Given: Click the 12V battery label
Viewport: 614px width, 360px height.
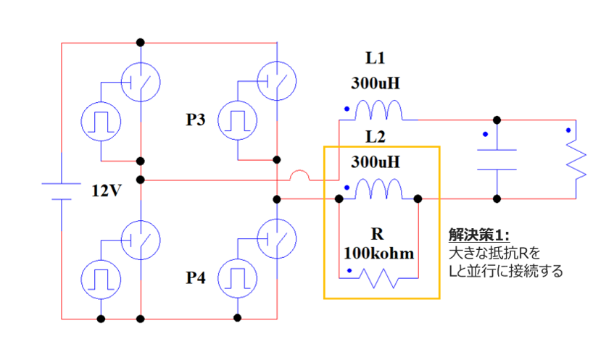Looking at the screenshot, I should (105, 191).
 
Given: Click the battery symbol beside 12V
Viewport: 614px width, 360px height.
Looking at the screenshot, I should (62, 191).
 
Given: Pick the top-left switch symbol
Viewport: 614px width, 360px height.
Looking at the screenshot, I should (140, 80).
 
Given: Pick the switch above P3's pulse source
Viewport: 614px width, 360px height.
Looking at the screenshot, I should (277, 80).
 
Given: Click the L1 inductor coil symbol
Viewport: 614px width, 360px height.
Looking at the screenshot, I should (378, 111).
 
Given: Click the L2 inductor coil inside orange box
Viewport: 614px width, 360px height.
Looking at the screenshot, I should (378, 190).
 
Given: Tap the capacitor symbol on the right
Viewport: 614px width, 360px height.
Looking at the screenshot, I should (497, 159).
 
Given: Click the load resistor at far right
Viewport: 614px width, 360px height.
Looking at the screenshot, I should (576, 159).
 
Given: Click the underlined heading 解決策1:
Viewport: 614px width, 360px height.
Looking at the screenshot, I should (479, 235).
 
